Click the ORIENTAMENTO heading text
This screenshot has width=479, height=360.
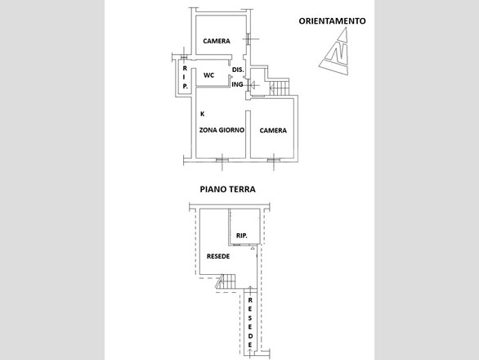tap(332, 21)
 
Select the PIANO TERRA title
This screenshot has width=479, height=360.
tap(227, 189)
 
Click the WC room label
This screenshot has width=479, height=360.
tap(209, 75)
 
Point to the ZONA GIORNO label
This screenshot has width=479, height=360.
tap(222, 130)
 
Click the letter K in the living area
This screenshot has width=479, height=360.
tap(202, 114)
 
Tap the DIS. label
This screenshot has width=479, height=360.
tap(238, 70)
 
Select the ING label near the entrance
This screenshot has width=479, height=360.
tap(237, 84)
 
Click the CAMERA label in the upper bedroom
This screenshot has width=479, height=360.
tap(217, 41)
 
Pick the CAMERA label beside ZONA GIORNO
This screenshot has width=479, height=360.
tap(273, 131)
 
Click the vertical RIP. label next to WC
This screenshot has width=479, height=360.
tap(185, 78)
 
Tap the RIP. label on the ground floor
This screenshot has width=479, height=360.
tap(242, 236)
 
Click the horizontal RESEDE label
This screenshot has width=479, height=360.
tap(218, 256)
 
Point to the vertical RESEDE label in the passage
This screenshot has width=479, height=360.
tap(250, 322)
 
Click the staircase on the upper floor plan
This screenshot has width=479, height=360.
tap(279, 88)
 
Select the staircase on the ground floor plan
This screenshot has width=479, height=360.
tap(226, 281)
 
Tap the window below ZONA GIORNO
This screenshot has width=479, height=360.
tap(222, 160)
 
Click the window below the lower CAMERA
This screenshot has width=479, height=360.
tap(273, 160)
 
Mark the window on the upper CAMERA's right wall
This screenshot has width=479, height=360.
tap(248, 38)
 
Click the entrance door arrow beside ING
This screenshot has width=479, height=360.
tap(253, 85)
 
